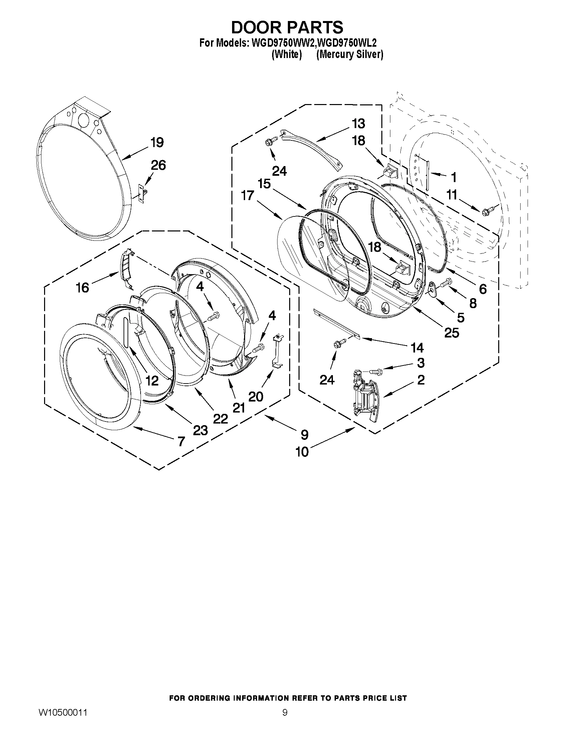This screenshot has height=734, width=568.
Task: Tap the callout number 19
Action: (x=157, y=142)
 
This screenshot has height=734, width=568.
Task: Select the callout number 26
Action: (x=158, y=165)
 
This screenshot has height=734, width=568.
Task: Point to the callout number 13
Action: (x=358, y=124)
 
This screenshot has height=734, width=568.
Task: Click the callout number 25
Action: (x=451, y=333)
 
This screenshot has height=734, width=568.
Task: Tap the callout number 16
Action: (x=82, y=287)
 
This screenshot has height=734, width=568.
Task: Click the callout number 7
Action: (x=181, y=441)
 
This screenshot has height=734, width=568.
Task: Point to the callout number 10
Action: (x=302, y=452)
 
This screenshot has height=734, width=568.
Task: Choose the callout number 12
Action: (x=152, y=381)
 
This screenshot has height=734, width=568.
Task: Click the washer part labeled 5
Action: (x=432, y=289)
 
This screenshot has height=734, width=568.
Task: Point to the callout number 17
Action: (x=247, y=195)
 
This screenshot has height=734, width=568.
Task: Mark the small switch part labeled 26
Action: (x=143, y=194)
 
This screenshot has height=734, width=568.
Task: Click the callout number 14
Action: (x=417, y=347)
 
